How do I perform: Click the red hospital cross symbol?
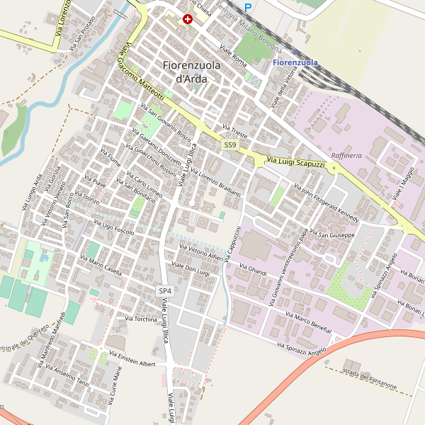(188, 20)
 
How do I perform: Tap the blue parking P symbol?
(248, 8)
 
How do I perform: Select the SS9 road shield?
(229, 145)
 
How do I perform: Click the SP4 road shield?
(165, 291)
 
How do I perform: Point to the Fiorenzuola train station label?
(295, 63)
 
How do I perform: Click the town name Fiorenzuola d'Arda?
(191, 72)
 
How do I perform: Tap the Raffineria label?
(346, 155)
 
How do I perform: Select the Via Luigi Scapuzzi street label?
(295, 163)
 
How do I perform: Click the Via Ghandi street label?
(253, 270)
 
